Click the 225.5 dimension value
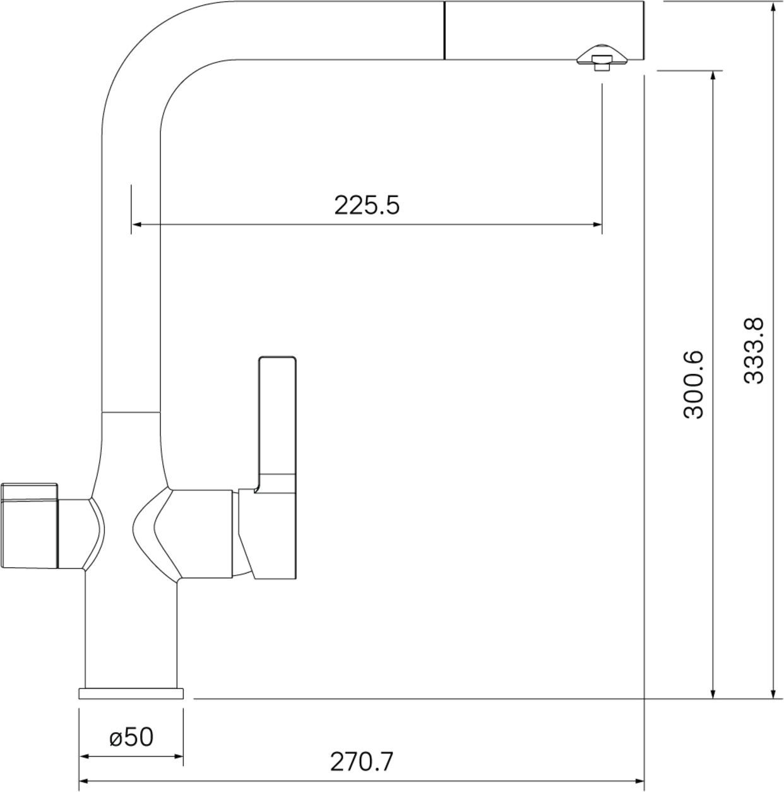[x=367, y=205]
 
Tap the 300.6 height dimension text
[x=694, y=385]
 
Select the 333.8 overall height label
[x=754, y=351]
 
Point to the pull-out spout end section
[x=544, y=30]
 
